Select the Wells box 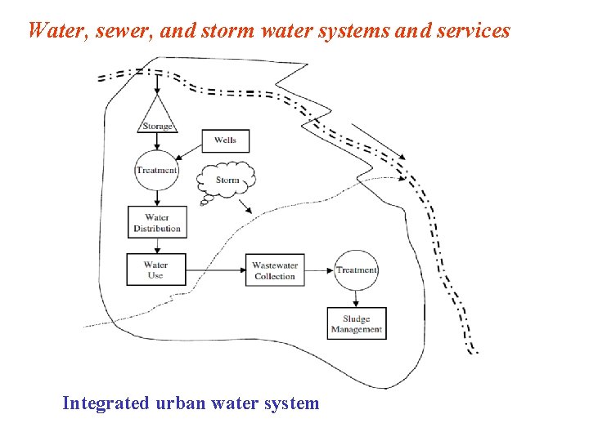pos(225,140)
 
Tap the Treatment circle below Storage pos(157,171)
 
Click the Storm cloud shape pos(227,180)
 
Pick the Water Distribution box pos(157,222)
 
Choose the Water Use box pos(156,269)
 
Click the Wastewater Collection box pos(275,270)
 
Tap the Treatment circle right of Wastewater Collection pos(356,269)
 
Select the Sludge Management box pos(356,324)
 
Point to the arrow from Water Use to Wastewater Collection pos(216,269)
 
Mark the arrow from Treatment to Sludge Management pos(356,299)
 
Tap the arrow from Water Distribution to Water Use pos(157,246)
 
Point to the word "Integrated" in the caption pos(106,403)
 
